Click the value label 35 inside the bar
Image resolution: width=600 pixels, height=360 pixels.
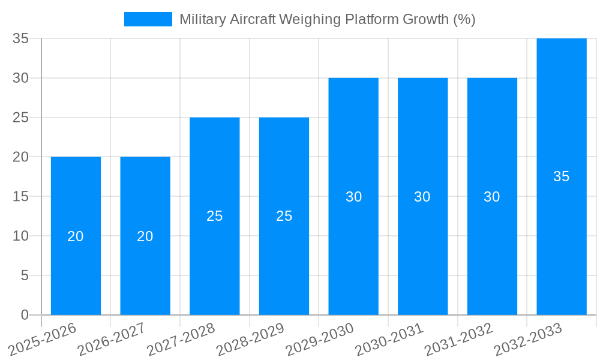click(x=561, y=176)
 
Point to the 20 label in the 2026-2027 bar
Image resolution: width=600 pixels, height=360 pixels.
click(x=145, y=236)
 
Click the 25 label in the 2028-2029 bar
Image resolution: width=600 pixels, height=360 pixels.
click(x=284, y=216)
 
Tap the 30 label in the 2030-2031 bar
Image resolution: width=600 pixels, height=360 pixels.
click(x=422, y=197)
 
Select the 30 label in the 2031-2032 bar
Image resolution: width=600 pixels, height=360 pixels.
click(x=492, y=197)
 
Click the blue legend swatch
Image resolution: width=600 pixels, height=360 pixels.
click(x=148, y=19)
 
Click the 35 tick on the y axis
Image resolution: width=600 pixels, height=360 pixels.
click(x=21, y=38)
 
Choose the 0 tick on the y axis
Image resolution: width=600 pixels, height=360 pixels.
click(x=25, y=315)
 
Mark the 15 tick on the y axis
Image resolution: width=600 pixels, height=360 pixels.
click(x=21, y=196)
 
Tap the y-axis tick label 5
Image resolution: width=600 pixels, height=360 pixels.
click(x=25, y=275)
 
